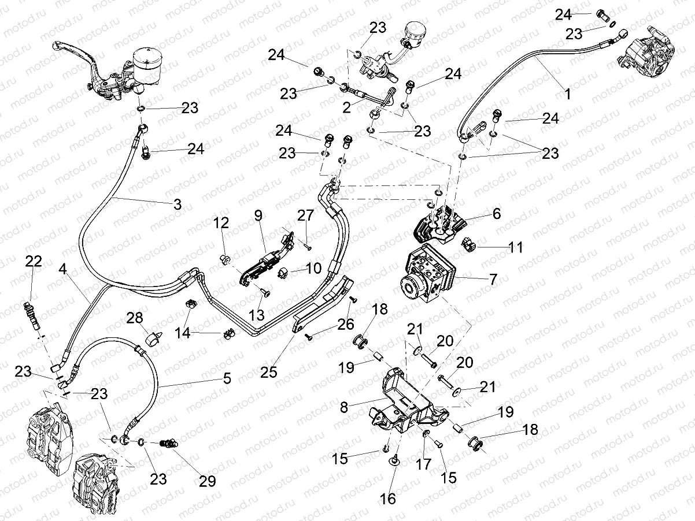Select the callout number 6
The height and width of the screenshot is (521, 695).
point(497,214)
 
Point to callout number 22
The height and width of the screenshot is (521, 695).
point(34,262)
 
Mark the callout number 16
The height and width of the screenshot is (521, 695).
point(389,498)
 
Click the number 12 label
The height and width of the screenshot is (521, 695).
point(221,222)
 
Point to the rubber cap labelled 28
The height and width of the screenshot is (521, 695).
point(154,338)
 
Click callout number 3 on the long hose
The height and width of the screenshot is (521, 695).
point(177,204)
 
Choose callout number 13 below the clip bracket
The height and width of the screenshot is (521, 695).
point(257,315)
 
